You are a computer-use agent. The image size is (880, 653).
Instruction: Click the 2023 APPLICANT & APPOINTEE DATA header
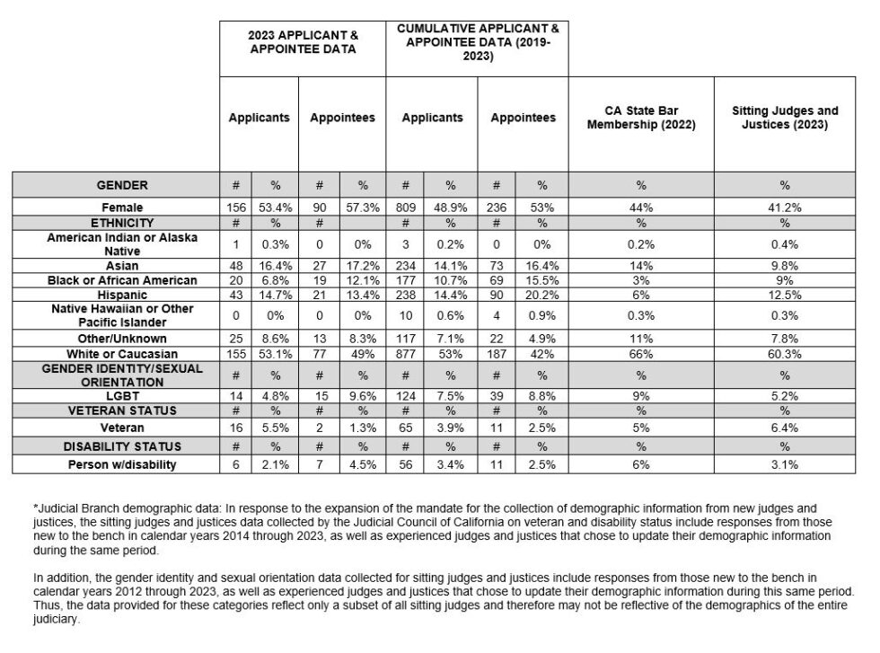(x=303, y=41)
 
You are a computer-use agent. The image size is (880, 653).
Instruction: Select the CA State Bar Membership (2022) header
(x=640, y=118)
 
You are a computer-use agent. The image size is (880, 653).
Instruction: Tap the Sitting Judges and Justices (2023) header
(x=784, y=118)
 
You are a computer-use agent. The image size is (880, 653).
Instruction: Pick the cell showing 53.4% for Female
(x=276, y=207)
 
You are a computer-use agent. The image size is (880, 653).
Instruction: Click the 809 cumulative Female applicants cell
(x=405, y=207)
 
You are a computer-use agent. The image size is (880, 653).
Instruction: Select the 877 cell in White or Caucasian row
(x=405, y=355)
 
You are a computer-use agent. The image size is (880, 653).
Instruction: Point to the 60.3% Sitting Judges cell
(x=784, y=355)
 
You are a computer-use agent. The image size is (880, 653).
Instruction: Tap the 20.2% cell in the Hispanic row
(x=541, y=294)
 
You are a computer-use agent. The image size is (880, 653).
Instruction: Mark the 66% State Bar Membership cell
(x=640, y=355)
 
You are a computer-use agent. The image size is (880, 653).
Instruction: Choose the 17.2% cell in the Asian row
(x=363, y=267)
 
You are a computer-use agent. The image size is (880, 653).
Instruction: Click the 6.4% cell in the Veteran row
(x=784, y=428)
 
